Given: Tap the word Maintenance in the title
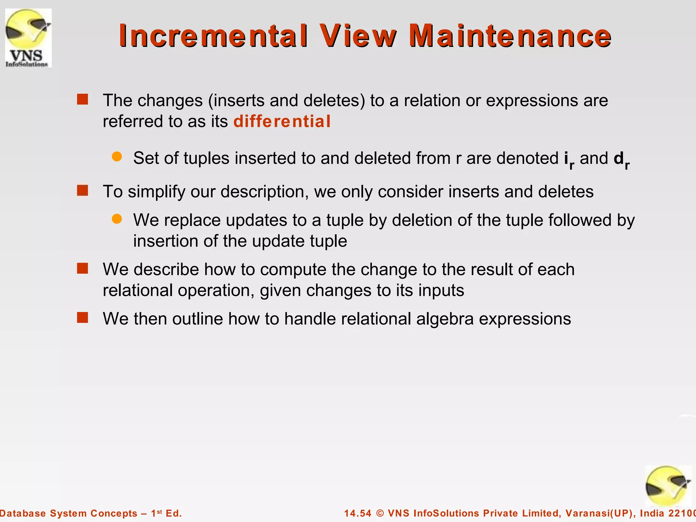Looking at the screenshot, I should tap(510, 36).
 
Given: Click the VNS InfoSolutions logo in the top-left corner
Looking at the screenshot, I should tap(29, 38).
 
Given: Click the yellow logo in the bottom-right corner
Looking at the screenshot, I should tap(668, 486).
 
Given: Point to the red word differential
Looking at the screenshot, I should tap(282, 122).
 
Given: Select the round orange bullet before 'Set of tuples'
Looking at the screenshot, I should tap(117, 157).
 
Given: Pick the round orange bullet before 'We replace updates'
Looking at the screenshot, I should tap(117, 219).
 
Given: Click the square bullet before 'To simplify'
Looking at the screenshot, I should tap(83, 190).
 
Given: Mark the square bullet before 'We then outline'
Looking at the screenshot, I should tap(83, 318).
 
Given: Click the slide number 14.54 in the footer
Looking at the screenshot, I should tap(358, 513).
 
